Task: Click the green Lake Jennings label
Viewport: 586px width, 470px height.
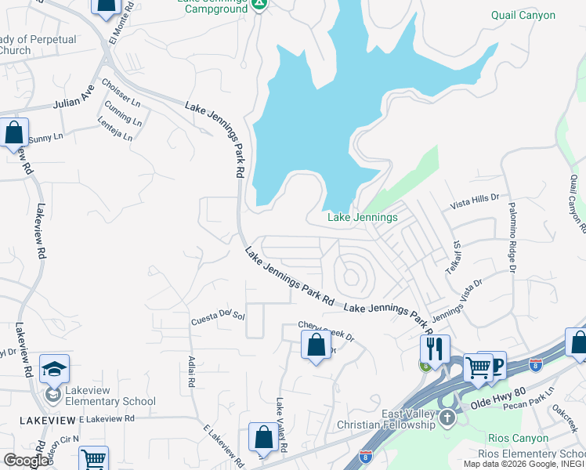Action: [x=362, y=217]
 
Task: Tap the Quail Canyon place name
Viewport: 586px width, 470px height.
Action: [x=523, y=15]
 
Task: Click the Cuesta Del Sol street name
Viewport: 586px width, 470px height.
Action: [x=219, y=319]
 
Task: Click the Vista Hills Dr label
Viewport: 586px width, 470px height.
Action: [x=475, y=204]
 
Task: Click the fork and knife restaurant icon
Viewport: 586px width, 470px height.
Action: [x=434, y=347]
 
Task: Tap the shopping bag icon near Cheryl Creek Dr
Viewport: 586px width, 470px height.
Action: [x=316, y=345]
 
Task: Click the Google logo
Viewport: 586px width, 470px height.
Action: [x=26, y=460]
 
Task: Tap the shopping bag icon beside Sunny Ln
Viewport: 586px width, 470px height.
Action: [x=14, y=132]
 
